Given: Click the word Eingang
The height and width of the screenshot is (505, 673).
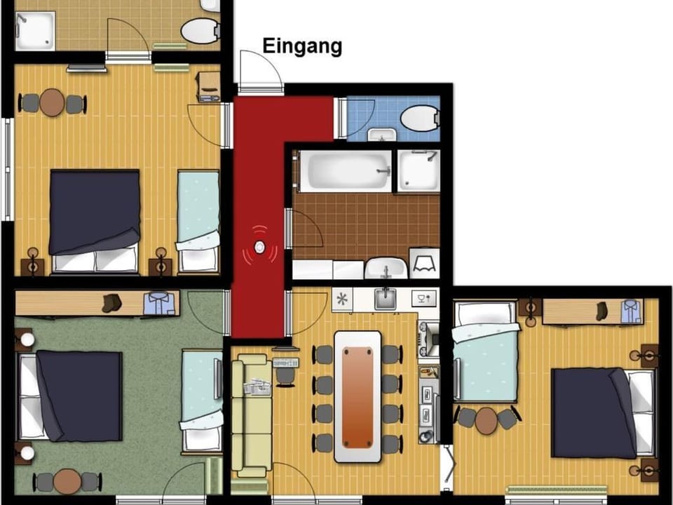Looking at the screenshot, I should (302, 46).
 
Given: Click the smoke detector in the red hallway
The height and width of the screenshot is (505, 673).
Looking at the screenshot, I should (260, 248).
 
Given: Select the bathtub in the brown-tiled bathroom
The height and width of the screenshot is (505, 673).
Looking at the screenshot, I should (344, 170).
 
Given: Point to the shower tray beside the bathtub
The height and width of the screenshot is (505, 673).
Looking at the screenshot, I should (418, 171).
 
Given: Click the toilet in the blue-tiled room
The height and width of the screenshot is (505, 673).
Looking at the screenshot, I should (421, 117).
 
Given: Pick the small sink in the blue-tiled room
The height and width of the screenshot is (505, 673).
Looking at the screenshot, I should (382, 135).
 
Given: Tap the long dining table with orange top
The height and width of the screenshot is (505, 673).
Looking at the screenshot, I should (358, 396).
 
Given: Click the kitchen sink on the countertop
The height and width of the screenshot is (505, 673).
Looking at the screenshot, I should (384, 299).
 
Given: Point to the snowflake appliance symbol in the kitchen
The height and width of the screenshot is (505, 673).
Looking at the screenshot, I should (344, 299).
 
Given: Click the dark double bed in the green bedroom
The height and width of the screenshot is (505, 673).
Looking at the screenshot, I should (77, 396).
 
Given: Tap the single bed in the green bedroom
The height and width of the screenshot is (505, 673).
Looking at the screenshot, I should (201, 400).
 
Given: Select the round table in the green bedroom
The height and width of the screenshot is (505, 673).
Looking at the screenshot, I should (68, 481).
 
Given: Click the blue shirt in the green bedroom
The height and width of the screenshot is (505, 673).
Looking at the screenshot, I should (160, 304).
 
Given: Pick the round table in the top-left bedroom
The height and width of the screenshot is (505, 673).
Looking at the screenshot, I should (52, 102).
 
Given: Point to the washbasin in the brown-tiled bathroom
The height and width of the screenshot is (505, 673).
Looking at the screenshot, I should (386, 267).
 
